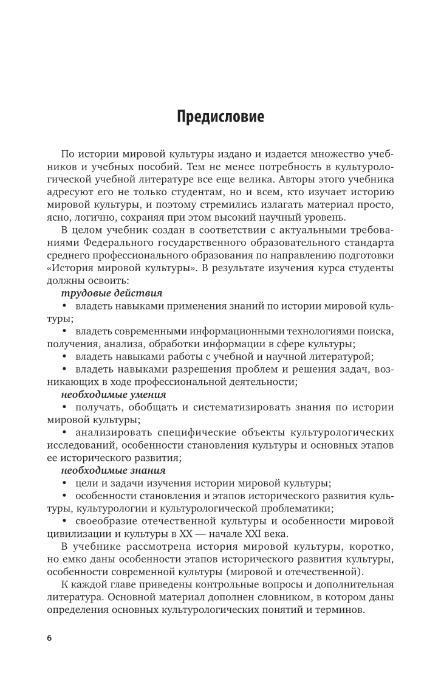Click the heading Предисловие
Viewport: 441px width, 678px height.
(220, 116)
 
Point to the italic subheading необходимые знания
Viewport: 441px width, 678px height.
(104, 470)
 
